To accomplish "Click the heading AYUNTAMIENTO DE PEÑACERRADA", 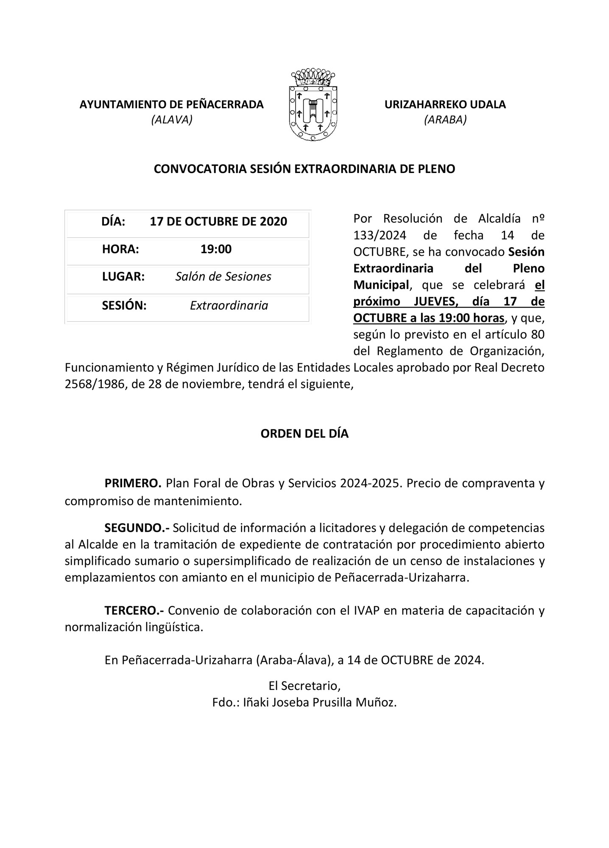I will point(172,104).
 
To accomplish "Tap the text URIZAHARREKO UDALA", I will point(445,104).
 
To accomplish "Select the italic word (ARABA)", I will point(445,120).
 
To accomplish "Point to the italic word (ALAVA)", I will point(172,120).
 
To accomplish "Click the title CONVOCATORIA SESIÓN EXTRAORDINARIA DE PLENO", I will point(304,169).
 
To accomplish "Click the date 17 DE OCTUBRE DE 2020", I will point(218,221).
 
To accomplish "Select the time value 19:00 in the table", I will point(216,249).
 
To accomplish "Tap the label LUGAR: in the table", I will point(123,276).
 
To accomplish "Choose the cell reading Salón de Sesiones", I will point(223,276).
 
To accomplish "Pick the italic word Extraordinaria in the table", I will point(229,305).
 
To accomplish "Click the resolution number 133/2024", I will point(380,235).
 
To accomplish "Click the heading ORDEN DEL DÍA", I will point(304,434).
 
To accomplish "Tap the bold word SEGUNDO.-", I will point(137,528).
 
